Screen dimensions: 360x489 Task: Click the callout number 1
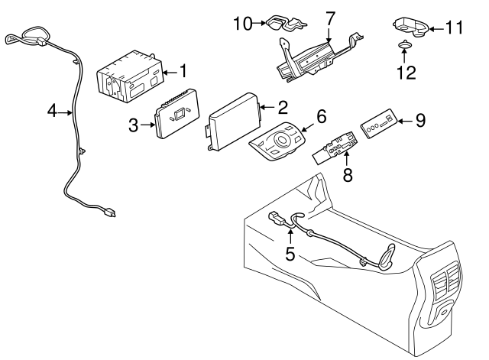tap(183, 72)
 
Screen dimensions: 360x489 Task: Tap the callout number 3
tap(134, 125)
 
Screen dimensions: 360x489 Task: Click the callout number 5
tap(290, 252)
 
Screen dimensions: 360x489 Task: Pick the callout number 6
tap(321, 116)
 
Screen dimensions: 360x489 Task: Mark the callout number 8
tap(348, 176)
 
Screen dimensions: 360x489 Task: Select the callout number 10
tap(242, 24)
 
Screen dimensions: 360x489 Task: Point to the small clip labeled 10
tap(274, 24)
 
